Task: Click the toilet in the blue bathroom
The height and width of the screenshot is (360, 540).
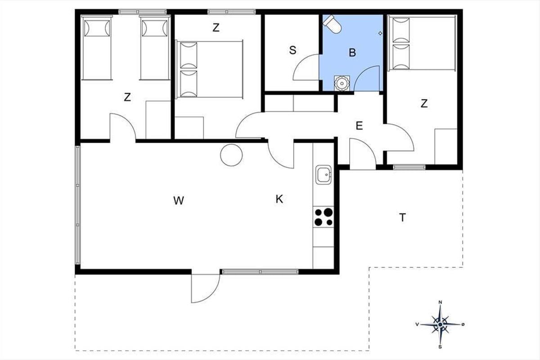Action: [x=333, y=24]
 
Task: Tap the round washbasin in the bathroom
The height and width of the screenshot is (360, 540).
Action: [x=342, y=83]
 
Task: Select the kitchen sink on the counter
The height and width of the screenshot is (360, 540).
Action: [x=323, y=175]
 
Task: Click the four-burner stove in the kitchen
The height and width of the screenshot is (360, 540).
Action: [x=324, y=217]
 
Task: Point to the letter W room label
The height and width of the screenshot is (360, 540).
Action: [x=179, y=200]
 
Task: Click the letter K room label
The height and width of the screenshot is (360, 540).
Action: [x=279, y=199]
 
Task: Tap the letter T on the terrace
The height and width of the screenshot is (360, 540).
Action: [x=402, y=217]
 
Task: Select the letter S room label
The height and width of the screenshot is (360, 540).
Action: [x=292, y=50]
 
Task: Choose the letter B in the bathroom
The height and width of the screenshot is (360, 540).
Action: [x=352, y=52]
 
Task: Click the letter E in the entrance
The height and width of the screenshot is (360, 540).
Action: [x=359, y=126]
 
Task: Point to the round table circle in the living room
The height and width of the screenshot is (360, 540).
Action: [x=231, y=155]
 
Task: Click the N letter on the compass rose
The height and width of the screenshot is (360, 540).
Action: [x=440, y=302]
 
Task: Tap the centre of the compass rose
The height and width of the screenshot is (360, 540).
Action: [x=440, y=324]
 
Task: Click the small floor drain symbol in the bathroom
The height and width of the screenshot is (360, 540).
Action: [x=380, y=33]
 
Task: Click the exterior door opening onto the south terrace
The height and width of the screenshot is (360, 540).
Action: [x=205, y=288]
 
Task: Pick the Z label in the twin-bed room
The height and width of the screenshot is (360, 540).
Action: [x=127, y=97]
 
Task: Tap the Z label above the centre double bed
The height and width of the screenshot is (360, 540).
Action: [x=216, y=28]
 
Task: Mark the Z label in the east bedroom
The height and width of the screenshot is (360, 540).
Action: [x=424, y=103]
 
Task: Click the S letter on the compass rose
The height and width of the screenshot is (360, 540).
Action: [x=440, y=347]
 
